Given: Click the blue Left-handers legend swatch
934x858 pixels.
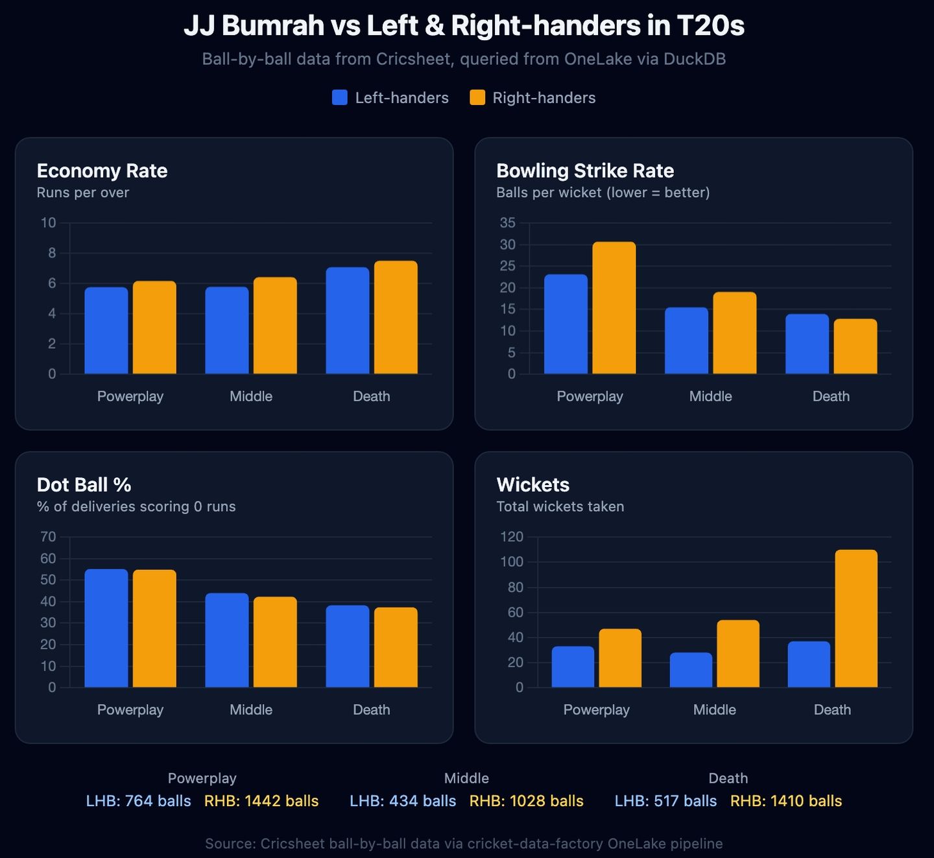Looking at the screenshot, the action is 339,98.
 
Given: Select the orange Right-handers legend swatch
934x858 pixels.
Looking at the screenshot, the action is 477,98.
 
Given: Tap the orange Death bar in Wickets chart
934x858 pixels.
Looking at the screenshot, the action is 856,618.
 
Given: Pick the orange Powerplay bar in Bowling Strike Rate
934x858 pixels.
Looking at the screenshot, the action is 614,307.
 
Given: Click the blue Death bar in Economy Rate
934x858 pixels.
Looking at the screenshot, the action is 348,320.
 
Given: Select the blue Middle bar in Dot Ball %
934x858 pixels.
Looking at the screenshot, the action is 227,640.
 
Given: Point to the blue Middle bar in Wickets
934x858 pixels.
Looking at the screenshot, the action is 691,670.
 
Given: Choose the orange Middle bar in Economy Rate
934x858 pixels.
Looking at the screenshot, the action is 275,326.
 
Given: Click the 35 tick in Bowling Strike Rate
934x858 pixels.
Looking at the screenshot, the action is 507,223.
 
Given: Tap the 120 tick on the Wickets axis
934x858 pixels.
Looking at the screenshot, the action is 512,537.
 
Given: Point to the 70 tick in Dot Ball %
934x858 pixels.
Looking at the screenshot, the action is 48,537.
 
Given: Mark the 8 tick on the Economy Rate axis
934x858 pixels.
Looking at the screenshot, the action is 52,254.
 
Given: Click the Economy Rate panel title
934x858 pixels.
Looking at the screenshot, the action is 102,171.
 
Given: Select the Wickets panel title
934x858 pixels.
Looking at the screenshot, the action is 533,484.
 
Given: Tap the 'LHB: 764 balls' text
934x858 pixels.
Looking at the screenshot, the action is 138,801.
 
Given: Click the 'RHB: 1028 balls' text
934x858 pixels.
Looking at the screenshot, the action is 526,801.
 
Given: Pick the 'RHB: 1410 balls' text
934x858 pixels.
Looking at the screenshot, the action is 786,801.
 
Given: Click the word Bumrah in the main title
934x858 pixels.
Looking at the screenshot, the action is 273,25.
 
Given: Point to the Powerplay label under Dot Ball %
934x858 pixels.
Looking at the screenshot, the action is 130,710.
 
